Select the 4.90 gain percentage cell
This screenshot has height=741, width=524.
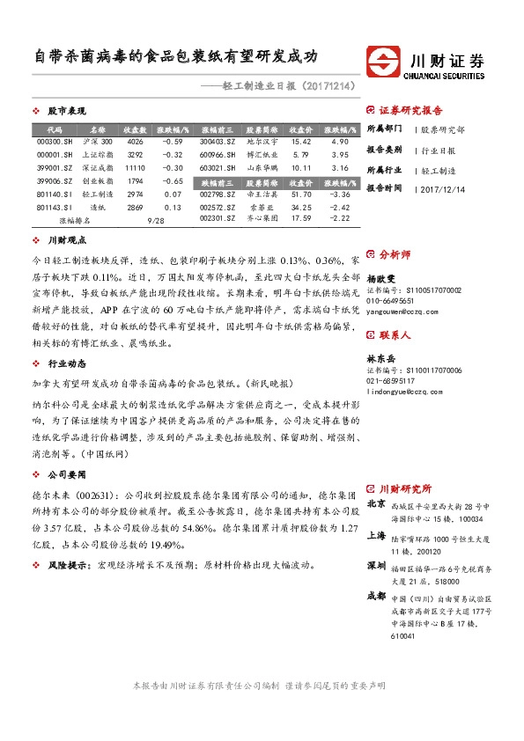point(340,141)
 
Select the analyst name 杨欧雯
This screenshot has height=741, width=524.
point(382,277)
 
